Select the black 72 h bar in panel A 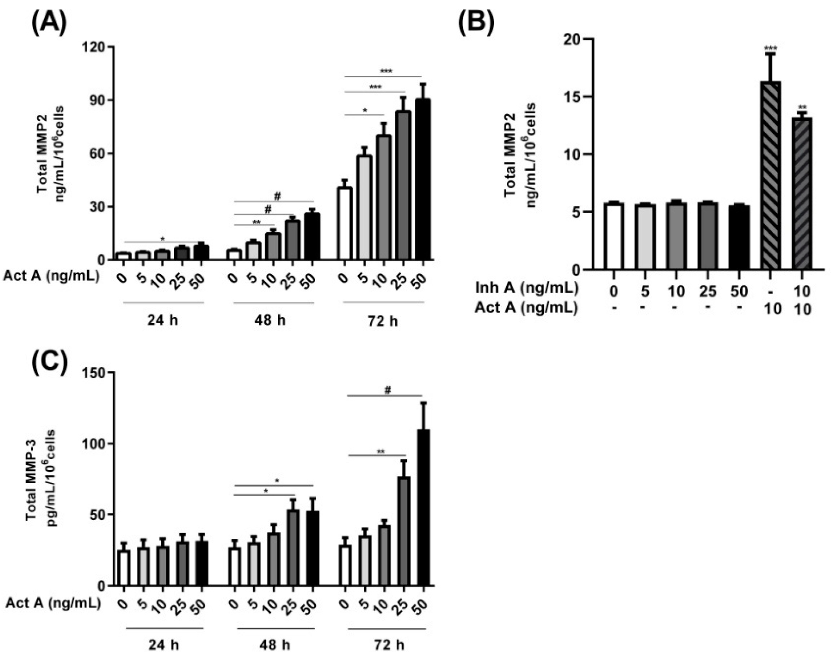(x=422, y=179)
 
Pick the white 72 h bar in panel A (x=345, y=224)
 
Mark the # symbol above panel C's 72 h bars (x=388, y=390)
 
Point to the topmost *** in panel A (x=386, y=71)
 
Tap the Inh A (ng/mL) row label (x=527, y=288)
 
